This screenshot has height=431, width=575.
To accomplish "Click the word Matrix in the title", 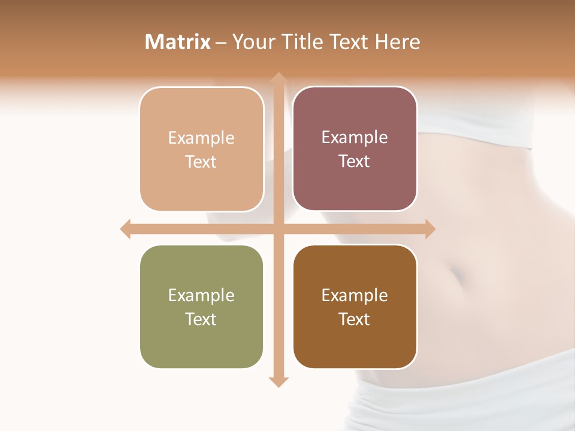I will click(x=178, y=42).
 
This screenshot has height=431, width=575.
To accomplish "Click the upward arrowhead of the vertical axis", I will click(x=278, y=78).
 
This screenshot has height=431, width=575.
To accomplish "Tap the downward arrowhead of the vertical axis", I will click(x=278, y=382).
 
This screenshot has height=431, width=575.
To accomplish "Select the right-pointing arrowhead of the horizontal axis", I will click(x=429, y=229).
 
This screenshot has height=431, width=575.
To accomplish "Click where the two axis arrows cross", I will click(x=278, y=229).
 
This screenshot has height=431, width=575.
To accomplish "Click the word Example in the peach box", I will click(x=201, y=138).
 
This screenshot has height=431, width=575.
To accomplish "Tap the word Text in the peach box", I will click(x=201, y=162).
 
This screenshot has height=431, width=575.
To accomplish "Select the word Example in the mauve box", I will click(x=355, y=138).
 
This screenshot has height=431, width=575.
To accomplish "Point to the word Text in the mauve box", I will click(x=355, y=162).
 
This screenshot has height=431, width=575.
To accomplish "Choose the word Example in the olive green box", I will click(x=201, y=296).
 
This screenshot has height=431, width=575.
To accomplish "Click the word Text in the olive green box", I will click(x=201, y=319).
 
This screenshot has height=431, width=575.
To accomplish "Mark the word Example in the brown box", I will click(x=355, y=296).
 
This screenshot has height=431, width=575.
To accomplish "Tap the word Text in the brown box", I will click(x=355, y=319).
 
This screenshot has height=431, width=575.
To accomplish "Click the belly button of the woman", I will click(x=458, y=276).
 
